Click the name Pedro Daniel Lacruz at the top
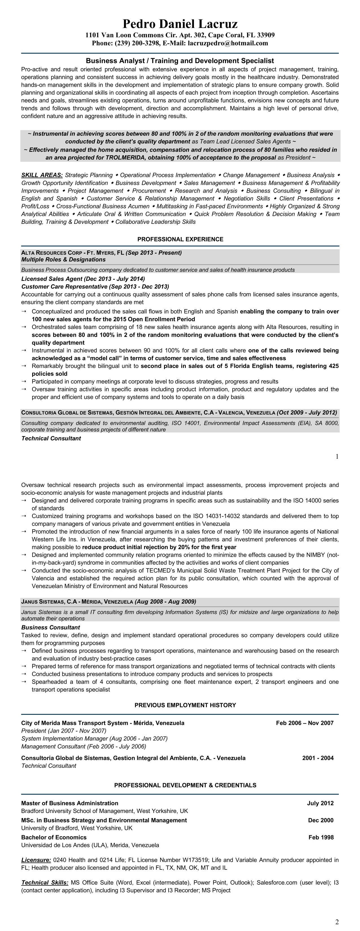point(180,24)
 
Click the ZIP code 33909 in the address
point(266,35)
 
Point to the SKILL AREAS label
point(42,175)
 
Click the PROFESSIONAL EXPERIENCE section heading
point(180,239)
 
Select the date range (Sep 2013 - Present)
point(154,253)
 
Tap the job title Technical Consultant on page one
point(51,438)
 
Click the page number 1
point(337,457)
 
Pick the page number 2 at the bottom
point(337,922)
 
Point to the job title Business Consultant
point(51,628)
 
